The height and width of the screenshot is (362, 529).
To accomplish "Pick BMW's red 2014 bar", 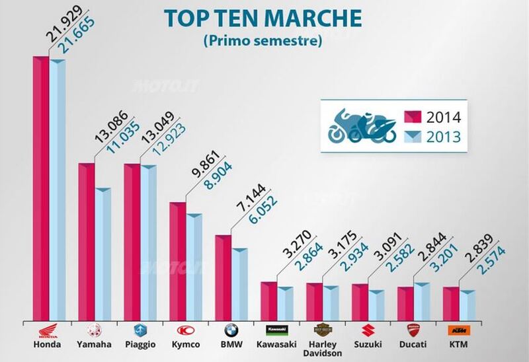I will coord(224,277).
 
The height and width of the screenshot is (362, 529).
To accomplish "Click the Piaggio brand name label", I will coord(140,345).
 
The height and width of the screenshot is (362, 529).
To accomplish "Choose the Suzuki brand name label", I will coord(368,345).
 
